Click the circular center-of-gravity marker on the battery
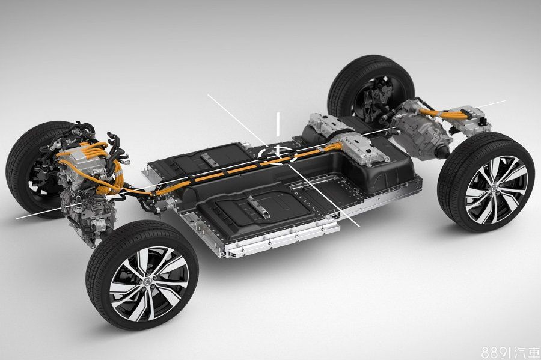(278, 154)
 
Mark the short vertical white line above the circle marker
(278, 124)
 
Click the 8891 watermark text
(510, 352)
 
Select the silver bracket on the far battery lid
(210, 160)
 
